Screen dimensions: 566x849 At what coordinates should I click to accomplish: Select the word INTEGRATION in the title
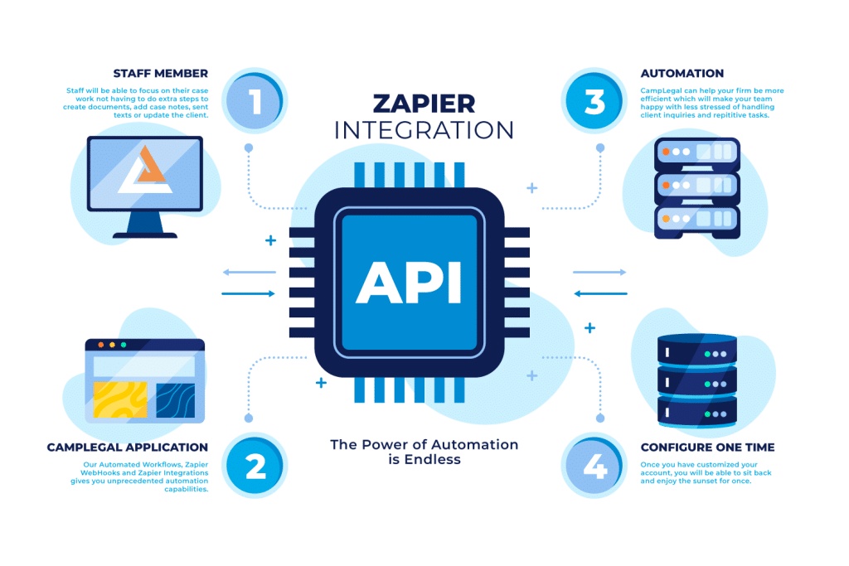point(424,130)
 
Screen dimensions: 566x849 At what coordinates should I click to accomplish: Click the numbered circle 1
point(255,102)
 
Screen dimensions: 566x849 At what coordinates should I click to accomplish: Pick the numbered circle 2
point(255,467)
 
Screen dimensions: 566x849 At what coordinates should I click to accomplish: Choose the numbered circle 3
point(594,102)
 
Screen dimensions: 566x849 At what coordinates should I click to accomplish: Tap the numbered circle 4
point(594,467)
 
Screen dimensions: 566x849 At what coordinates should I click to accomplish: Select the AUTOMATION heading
point(682,73)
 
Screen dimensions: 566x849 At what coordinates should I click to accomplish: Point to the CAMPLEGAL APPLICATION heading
point(128,447)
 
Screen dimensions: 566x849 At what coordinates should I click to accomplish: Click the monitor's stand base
point(146,235)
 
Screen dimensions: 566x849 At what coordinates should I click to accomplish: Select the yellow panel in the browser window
point(120,399)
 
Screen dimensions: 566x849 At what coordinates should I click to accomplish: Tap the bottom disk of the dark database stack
point(696,410)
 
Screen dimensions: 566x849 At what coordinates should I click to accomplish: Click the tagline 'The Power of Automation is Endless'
point(424,452)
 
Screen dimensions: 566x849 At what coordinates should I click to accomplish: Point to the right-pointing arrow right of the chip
point(599,272)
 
